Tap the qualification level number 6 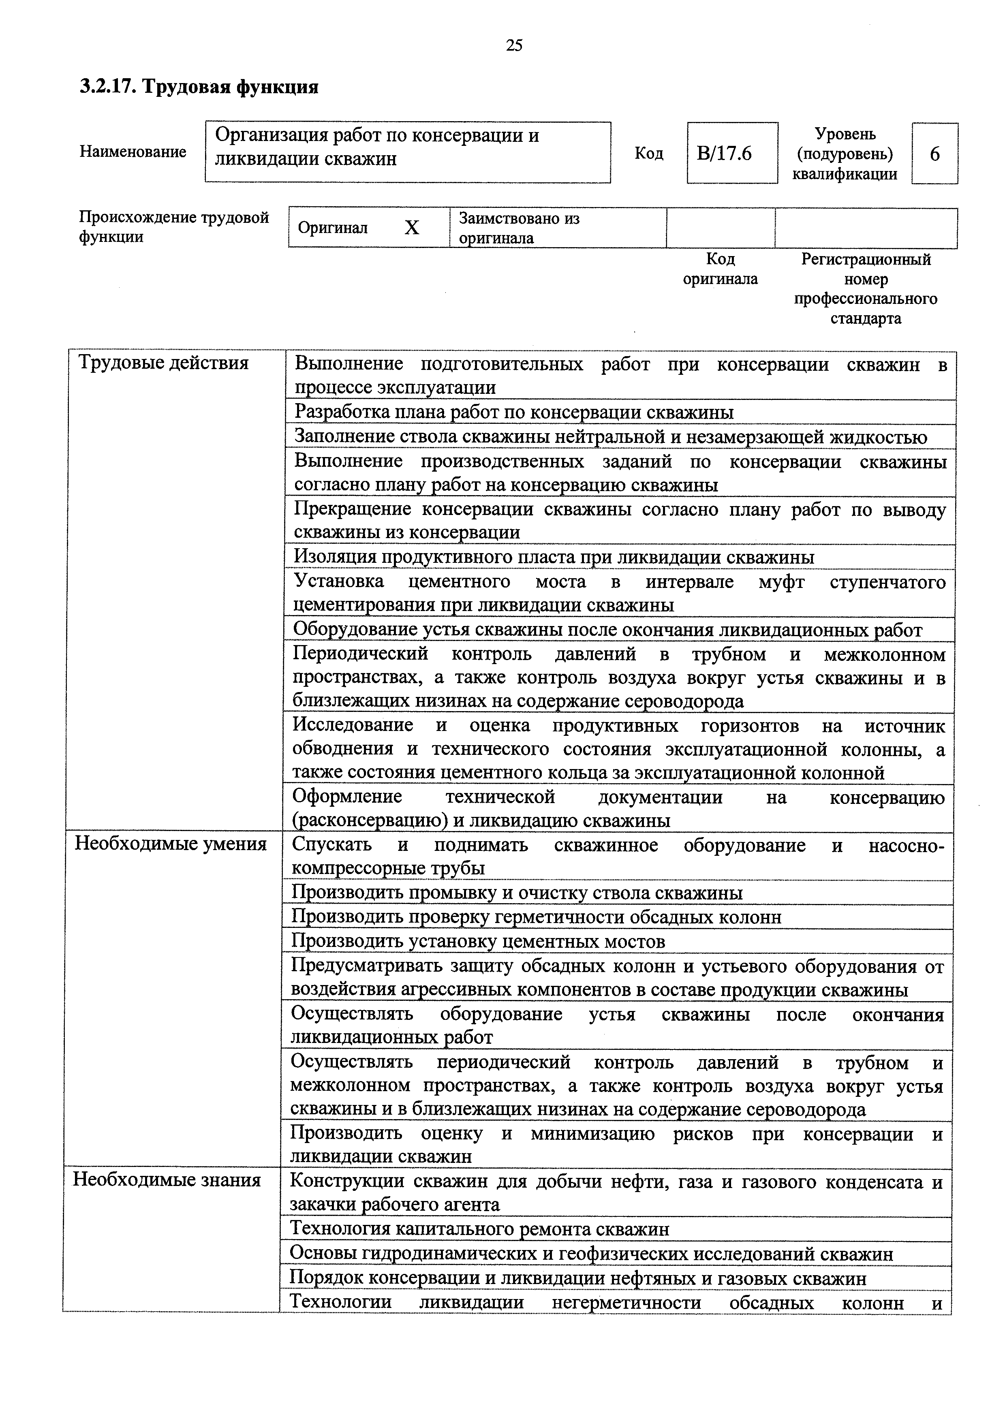[934, 154]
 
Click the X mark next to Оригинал [412, 228]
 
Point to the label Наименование [133, 152]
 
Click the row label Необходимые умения [171, 844]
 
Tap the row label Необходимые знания [167, 1180]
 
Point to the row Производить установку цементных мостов [478, 941]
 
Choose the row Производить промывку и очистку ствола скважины [517, 893]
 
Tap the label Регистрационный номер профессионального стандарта [865, 288]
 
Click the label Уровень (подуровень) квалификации [845, 154]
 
